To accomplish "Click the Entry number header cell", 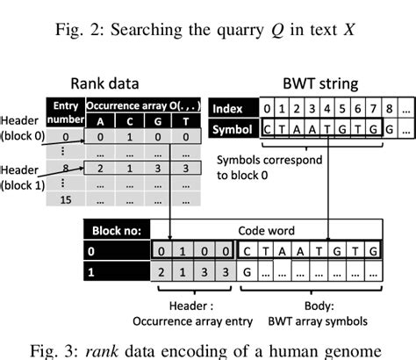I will click(x=66, y=111).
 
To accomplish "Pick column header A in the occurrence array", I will click(x=100, y=121).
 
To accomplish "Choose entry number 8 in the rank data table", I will click(x=67, y=165).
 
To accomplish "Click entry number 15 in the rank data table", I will click(x=67, y=201).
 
